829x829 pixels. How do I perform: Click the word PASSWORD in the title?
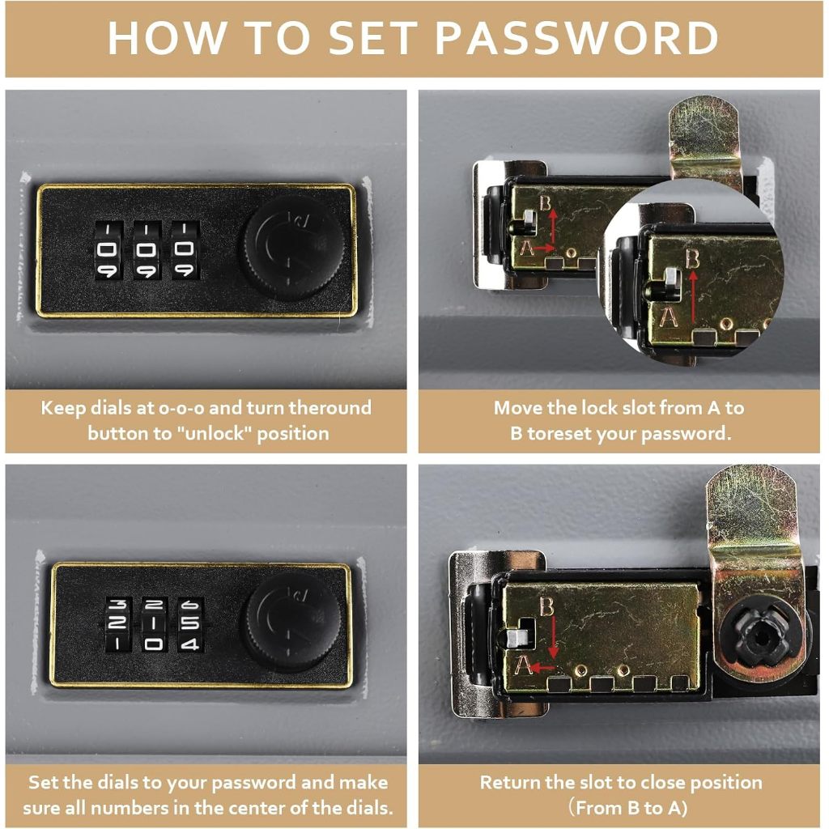click(576, 38)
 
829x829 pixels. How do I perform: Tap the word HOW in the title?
click(167, 38)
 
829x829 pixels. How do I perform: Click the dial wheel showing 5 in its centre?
click(189, 624)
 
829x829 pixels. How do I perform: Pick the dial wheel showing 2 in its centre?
click(117, 624)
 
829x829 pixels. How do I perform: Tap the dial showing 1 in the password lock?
click(154, 624)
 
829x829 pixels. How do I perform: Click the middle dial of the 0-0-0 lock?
click(147, 249)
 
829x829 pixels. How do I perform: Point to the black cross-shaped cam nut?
click(759, 638)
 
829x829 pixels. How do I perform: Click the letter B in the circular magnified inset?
click(692, 258)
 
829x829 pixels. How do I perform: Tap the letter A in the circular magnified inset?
click(668, 317)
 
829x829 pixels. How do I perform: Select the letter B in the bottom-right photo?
click(546, 606)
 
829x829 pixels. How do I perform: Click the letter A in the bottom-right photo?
click(524, 665)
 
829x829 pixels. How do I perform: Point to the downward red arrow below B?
click(553, 638)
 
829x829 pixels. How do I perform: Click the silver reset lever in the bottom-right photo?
click(517, 638)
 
